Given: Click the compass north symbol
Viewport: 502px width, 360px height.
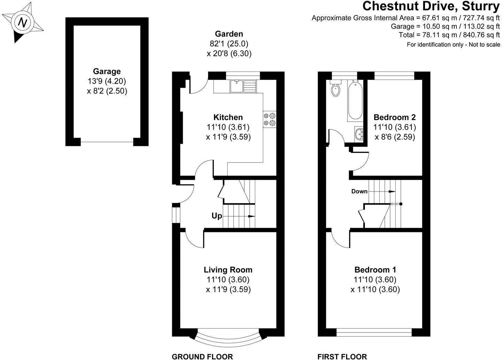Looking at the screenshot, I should coord(23,23).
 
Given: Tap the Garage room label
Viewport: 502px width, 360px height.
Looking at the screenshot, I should coord(106,72).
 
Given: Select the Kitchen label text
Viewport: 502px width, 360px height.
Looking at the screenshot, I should coord(228,117).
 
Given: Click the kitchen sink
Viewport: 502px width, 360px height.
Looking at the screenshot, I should coord(243,86).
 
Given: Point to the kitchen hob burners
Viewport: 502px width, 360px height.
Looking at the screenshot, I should coord(269,119).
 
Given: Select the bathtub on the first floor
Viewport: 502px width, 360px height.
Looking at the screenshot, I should coord(355,100).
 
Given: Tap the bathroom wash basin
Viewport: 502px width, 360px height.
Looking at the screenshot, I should coord(359,133).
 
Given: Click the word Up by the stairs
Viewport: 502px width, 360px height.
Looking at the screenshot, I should coord(217,216).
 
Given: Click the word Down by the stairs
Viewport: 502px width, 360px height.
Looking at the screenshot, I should coord(359,191).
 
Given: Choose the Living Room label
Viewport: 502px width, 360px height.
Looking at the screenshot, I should coord(228,270).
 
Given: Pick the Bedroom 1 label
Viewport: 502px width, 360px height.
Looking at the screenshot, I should coord(375,270).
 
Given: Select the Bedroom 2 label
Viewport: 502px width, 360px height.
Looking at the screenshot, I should coord(394,117).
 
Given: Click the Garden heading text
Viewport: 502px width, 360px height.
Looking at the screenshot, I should coord(229,34).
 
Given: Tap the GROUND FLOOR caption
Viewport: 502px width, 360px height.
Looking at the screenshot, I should coord(202,357).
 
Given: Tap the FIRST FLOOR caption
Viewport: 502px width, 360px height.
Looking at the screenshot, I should coord(342,357).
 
